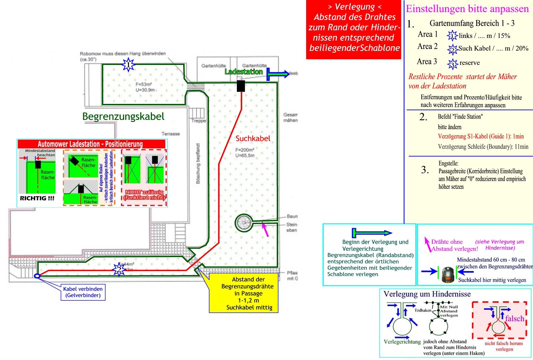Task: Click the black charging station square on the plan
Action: (x=241, y=86)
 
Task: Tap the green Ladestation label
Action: (x=244, y=72)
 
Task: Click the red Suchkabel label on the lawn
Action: (x=253, y=139)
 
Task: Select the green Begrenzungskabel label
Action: (x=123, y=117)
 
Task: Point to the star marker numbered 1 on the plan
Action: (x=128, y=65)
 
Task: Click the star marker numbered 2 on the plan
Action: (x=119, y=269)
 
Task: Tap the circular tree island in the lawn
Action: (x=244, y=223)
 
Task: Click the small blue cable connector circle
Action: (x=37, y=276)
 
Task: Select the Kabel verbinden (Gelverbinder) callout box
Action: (x=83, y=292)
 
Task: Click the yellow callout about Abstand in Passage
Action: (x=244, y=293)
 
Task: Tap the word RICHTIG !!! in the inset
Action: (x=37, y=198)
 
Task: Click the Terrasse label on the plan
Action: (x=171, y=134)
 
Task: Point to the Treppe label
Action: (x=199, y=121)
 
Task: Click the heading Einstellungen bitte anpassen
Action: (x=467, y=9)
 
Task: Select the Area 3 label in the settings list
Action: (x=427, y=62)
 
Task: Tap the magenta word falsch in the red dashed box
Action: (x=514, y=319)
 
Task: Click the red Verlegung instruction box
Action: (x=354, y=30)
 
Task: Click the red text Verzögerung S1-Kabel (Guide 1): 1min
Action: (x=481, y=136)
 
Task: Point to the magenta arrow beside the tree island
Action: (x=266, y=230)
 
